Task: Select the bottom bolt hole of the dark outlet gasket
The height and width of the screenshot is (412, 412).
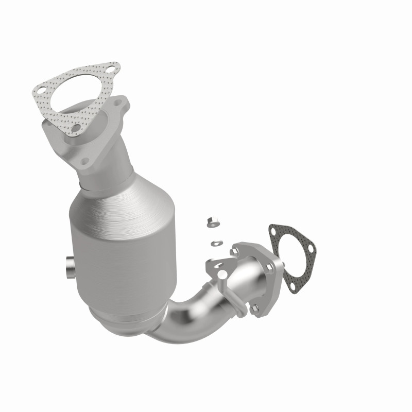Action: (291, 288)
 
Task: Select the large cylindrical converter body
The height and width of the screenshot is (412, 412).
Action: (124, 242)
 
